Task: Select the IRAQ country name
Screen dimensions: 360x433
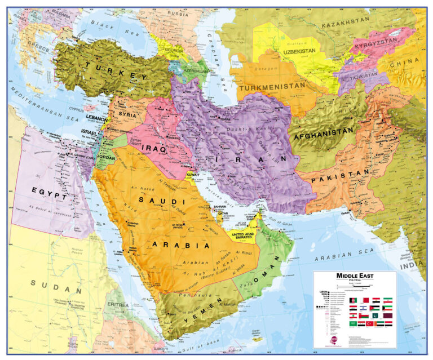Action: point(154,148)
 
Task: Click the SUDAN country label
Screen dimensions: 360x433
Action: point(56,286)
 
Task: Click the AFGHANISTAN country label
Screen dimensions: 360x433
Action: point(322,133)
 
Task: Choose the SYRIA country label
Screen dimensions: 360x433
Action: point(127,114)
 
